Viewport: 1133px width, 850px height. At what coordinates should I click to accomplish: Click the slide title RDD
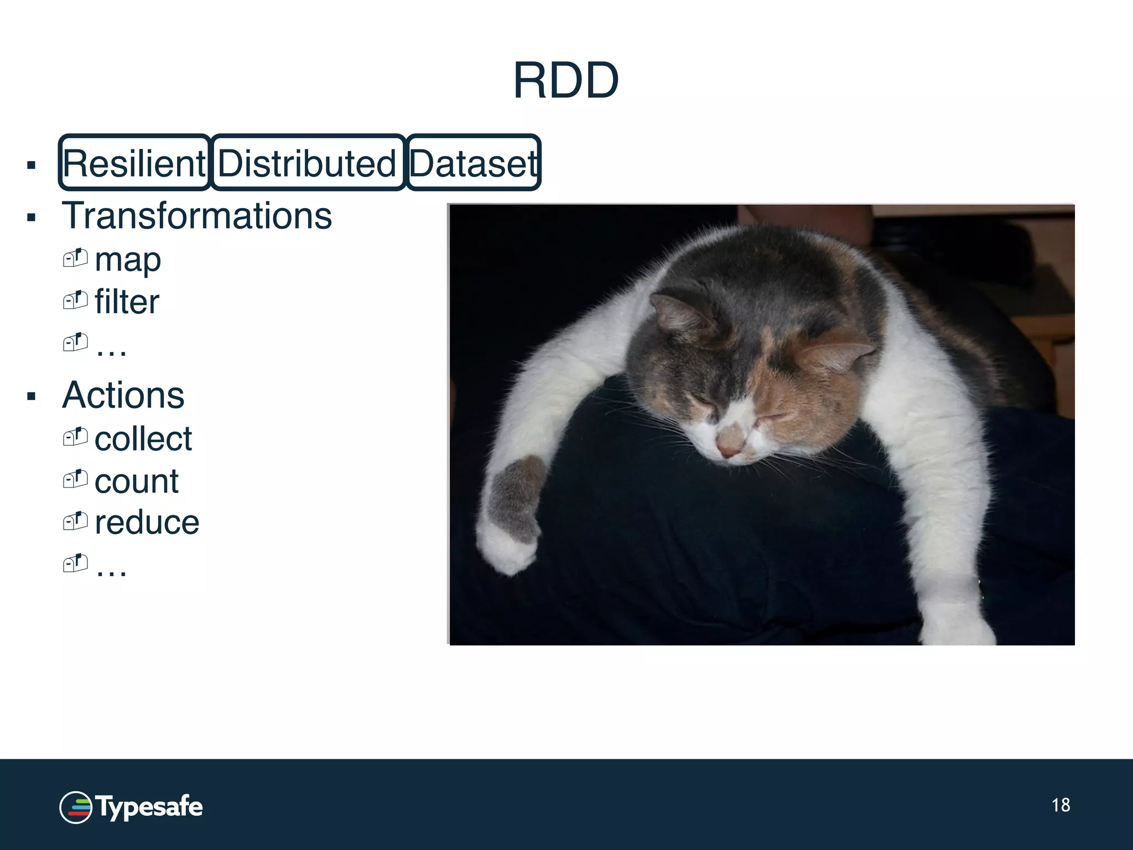coord(565,81)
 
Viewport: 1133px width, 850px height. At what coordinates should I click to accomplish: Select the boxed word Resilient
coord(134,163)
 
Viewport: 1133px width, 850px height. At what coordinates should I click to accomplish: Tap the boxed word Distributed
coord(308,163)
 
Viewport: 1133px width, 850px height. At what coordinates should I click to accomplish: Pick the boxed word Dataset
coord(473,163)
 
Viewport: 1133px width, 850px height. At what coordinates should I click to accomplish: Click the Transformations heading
coord(197,216)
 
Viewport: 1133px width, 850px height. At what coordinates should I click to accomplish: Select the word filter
coord(127,302)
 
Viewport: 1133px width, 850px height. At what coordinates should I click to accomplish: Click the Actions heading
coord(123,395)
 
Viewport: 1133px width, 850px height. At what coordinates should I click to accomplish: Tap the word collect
coord(143,439)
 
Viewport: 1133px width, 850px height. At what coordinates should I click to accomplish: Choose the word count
coord(136,481)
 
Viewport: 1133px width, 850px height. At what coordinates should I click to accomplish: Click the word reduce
coord(147,522)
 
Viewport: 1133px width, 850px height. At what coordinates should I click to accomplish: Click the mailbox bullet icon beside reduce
coord(75,521)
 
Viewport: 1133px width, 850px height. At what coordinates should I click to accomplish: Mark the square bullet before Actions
coord(32,396)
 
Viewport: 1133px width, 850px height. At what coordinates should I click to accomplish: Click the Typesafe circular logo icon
coord(75,807)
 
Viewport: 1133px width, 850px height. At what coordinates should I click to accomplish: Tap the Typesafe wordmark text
coord(149,807)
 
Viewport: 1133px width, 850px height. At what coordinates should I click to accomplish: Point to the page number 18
coord(1061,805)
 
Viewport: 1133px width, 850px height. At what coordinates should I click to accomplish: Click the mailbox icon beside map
coord(75,258)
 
